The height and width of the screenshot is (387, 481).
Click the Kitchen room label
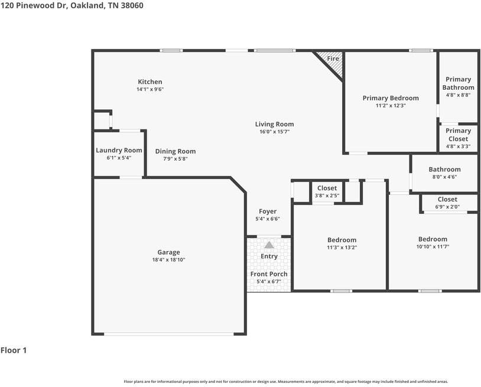coord(150,82)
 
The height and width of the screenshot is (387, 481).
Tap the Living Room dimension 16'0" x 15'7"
coord(275,132)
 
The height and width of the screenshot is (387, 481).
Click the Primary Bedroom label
coord(391,98)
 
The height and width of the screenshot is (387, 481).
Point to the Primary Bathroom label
coord(459,83)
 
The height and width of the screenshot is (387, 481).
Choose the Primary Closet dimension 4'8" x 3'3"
coord(459,147)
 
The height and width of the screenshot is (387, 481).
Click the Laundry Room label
coord(119,150)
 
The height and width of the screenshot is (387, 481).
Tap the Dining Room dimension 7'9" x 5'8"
coord(175,159)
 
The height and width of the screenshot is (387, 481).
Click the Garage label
coord(169,252)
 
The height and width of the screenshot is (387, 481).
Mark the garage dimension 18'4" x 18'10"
coord(169,260)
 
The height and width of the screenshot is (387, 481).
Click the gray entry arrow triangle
coord(269,245)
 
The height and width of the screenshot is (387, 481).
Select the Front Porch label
coord(269,274)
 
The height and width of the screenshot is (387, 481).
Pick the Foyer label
coord(268,212)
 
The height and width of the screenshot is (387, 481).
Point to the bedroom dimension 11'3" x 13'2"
coord(342,248)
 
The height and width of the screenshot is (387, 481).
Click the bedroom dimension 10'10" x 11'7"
coord(433,246)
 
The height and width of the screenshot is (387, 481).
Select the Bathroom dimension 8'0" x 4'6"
coord(445,177)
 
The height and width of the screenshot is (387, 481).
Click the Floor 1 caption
coord(14,350)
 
